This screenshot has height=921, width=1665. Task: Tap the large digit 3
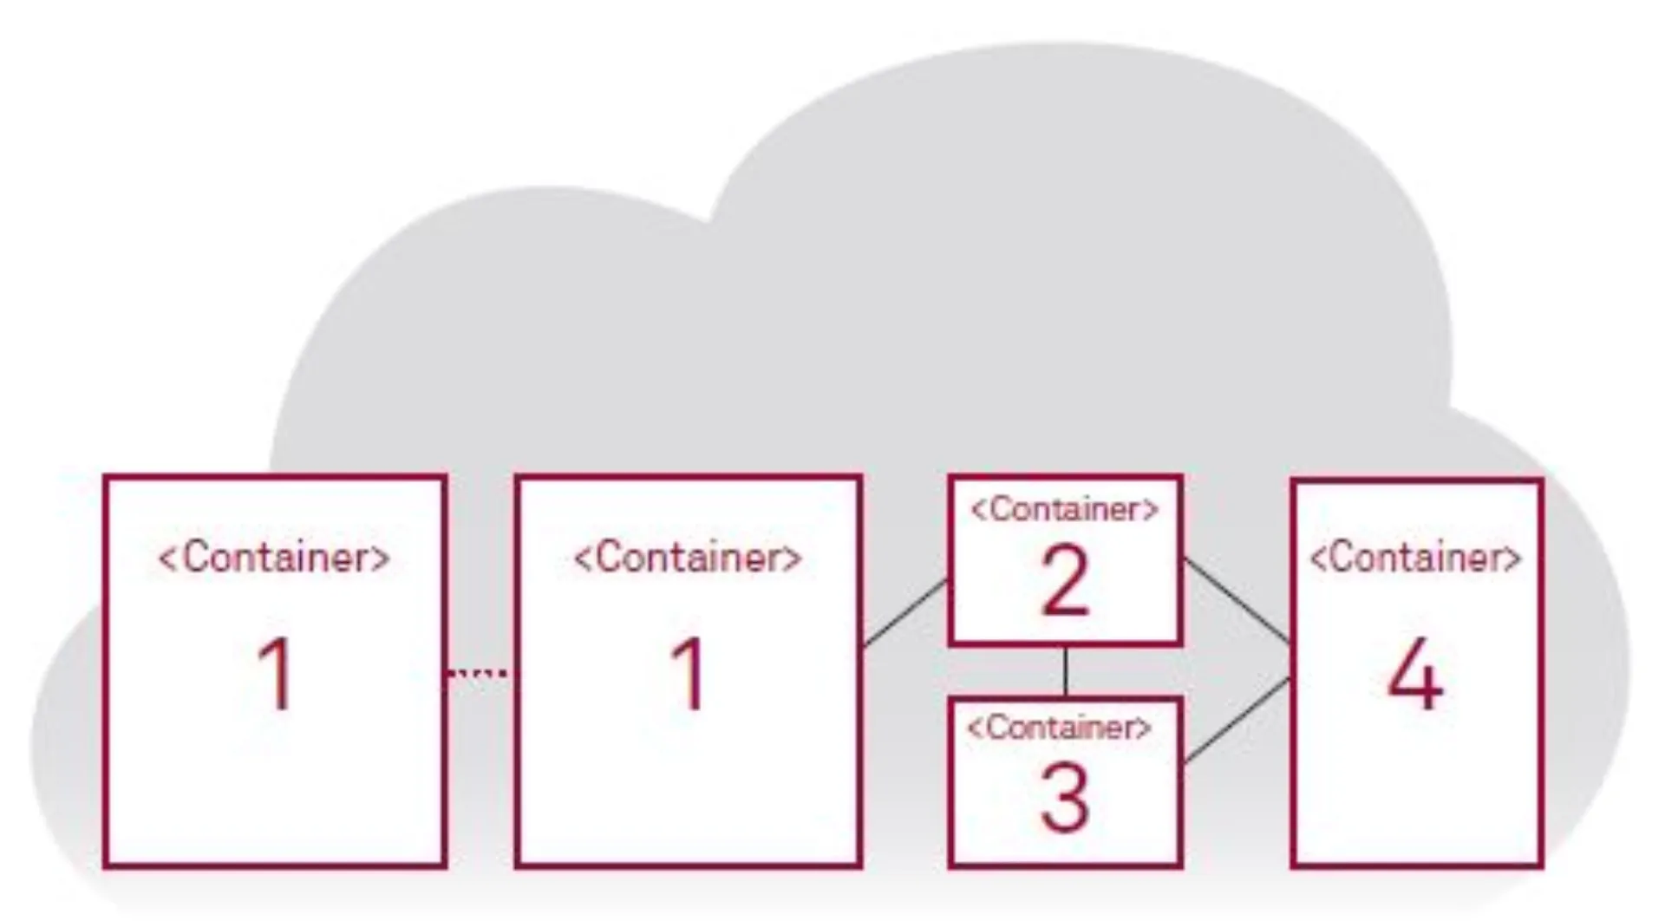click(x=1064, y=800)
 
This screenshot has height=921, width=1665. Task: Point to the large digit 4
click(x=1415, y=675)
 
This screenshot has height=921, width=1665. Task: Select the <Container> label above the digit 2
click(x=1065, y=510)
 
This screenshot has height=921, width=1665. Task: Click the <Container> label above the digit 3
click(x=1060, y=728)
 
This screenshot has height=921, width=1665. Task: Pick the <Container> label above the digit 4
click(x=1415, y=558)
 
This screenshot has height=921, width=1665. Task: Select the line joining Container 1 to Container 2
click(x=904, y=613)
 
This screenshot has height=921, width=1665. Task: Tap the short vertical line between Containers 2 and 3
click(x=1065, y=671)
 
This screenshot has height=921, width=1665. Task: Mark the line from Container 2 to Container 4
click(x=1237, y=601)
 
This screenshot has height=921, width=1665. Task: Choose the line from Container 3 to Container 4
click(x=1237, y=722)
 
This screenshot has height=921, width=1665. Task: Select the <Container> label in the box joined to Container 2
click(x=688, y=558)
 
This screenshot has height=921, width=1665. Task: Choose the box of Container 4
click(x=1416, y=781)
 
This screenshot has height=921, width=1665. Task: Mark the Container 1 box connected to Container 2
click(x=688, y=781)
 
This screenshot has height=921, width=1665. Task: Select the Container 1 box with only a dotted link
click(x=275, y=781)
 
